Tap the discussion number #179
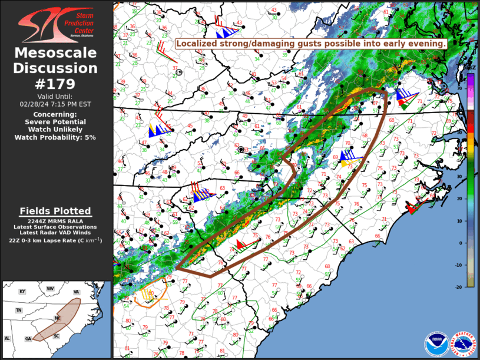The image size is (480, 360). [55, 83]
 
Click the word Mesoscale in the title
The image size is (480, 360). [55, 53]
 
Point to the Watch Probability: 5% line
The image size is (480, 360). [55, 137]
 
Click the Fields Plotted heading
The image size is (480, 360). [55, 211]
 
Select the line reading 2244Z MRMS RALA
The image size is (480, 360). [55, 221]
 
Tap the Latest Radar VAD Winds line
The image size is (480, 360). [55, 233]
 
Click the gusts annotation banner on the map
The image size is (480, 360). [311, 44]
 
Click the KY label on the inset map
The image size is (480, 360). [22, 292]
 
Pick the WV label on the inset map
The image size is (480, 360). [51, 289]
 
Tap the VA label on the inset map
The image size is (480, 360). [76, 292]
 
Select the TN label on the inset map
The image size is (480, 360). [19, 310]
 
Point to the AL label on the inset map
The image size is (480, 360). [8, 338]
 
